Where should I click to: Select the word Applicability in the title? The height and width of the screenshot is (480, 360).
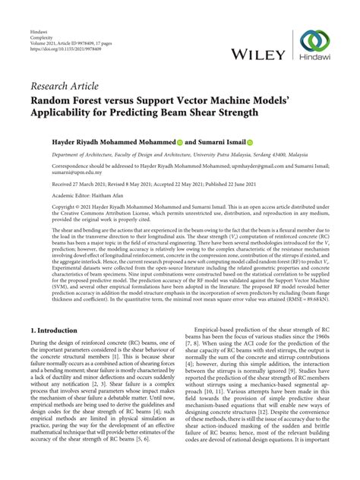pos(66,112)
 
